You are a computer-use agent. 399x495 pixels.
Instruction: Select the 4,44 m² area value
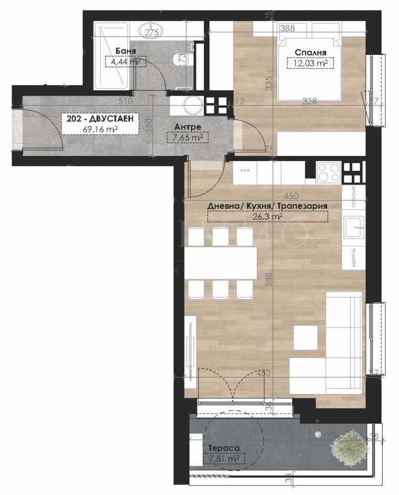click(x=122, y=62)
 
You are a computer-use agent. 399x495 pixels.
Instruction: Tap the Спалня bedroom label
click(x=310, y=52)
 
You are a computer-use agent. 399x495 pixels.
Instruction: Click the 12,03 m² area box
click(x=310, y=63)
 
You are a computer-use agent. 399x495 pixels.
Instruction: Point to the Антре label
click(x=187, y=127)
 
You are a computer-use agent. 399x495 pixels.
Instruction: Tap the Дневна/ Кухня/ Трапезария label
click(x=268, y=205)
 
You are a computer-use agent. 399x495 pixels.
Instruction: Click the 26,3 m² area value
click(x=268, y=216)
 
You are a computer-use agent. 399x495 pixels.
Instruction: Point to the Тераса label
click(x=219, y=448)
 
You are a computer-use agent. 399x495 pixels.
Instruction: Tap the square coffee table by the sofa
click(x=305, y=337)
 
